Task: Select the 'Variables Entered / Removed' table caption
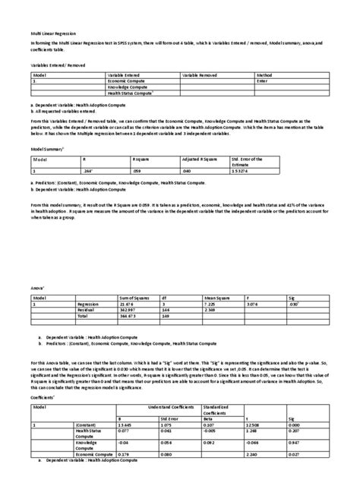[58, 67]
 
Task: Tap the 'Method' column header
[264, 75]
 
